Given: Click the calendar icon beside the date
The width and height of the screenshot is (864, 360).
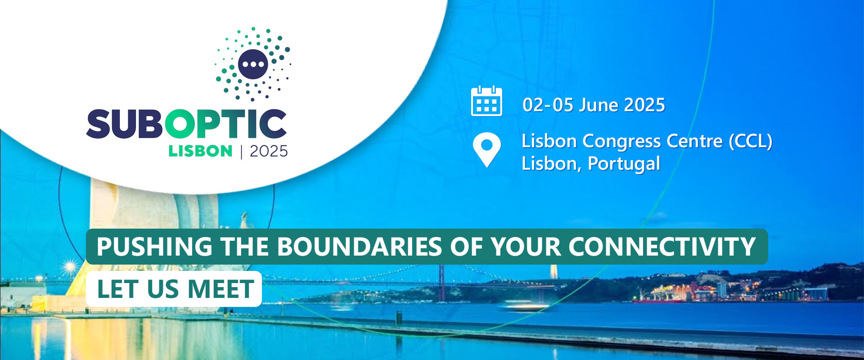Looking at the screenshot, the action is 486,101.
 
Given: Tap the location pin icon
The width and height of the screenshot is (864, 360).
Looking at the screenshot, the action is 487,150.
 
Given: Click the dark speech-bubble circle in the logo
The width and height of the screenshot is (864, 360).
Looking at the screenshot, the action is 253,64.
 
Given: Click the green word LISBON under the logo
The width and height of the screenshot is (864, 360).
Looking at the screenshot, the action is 200,151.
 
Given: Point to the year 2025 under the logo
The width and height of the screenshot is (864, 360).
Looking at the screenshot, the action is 269,151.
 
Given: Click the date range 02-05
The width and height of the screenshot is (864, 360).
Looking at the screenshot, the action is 548,105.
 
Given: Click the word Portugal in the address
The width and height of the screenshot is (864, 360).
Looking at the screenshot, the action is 624,164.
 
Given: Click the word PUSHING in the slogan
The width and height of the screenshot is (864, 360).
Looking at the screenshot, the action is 154,247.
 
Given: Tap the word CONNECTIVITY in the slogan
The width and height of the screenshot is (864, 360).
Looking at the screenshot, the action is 662,247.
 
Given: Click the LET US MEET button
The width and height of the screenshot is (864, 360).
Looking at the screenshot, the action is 174,289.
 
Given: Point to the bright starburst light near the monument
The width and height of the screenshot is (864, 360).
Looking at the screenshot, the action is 70,267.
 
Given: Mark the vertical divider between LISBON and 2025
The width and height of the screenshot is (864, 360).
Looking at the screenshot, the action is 242,151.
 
